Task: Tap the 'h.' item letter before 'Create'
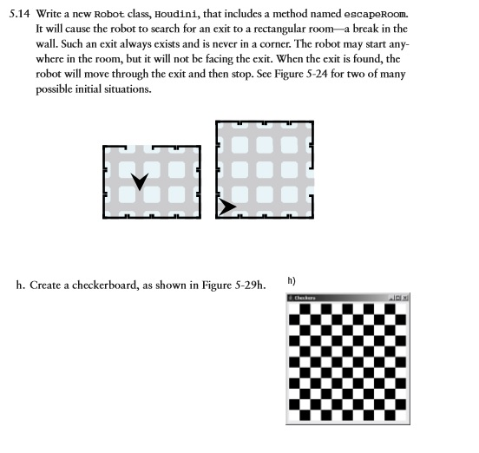21,285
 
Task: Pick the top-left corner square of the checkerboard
292,306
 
